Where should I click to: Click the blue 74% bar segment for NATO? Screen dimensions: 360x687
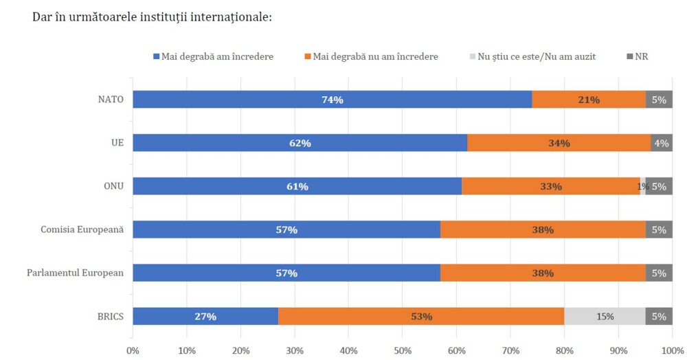click(333, 100)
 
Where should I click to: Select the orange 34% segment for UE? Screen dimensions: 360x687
click(559, 143)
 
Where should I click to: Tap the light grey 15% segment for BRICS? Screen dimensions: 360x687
click(605, 316)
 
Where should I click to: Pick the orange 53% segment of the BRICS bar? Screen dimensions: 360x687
click(421, 316)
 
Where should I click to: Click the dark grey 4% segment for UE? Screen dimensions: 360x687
click(662, 143)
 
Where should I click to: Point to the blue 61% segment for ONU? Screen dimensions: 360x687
click(297, 186)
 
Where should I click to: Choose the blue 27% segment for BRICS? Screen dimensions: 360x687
click(205, 316)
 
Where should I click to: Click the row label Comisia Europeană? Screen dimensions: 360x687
click(82, 229)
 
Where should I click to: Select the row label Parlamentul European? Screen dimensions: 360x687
click(76, 273)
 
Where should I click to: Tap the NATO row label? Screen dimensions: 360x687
click(111, 100)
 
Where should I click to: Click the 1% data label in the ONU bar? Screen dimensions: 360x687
click(642, 186)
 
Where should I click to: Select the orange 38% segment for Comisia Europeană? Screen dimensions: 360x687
click(543, 229)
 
